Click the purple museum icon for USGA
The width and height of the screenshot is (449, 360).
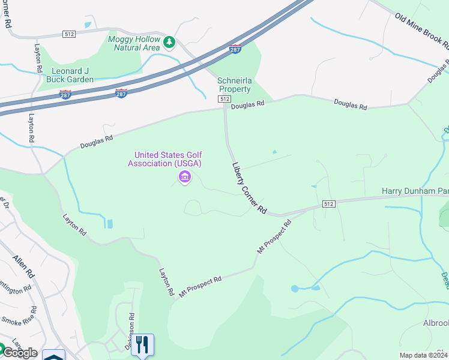[184, 177]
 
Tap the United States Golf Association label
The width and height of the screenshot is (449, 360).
[164, 159]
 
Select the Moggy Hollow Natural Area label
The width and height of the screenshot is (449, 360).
[134, 43]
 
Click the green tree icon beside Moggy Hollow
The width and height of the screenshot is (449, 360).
[170, 42]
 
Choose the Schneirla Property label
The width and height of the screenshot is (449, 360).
[234, 85]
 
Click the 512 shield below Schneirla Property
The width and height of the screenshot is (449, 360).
[224, 98]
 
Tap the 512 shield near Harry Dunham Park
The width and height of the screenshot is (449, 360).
[328, 204]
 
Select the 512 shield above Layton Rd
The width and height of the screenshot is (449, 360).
[68, 34]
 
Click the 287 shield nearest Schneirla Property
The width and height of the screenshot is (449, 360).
[237, 47]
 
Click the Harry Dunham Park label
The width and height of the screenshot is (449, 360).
[415, 191]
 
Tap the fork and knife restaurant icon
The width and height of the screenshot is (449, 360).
[143, 345]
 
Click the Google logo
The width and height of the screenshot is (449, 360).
[19, 353]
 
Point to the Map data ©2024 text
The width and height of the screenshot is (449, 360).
[424, 355]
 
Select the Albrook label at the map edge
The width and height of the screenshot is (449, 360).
[436, 323]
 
